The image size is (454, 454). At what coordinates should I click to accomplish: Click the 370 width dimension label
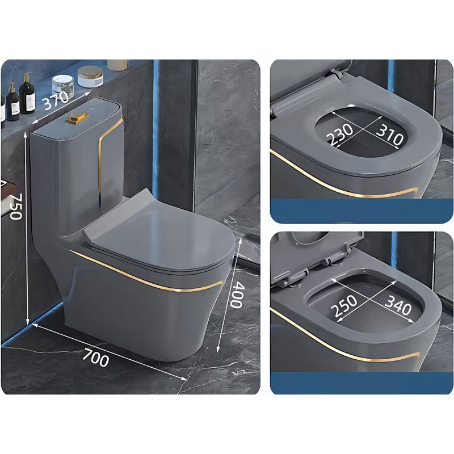(56, 100)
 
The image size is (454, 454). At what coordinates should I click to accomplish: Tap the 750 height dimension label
(16, 207)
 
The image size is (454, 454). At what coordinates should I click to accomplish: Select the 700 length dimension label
(95, 358)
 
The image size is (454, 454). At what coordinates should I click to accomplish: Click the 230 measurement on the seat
(340, 134)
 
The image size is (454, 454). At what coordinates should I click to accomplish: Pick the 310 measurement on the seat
(389, 134)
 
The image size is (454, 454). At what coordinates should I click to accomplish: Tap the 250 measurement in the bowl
(344, 306)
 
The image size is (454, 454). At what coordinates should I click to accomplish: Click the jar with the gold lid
(90, 76)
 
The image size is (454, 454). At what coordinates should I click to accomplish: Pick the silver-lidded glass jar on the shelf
(62, 82)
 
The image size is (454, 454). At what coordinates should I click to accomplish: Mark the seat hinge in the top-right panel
(337, 74)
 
